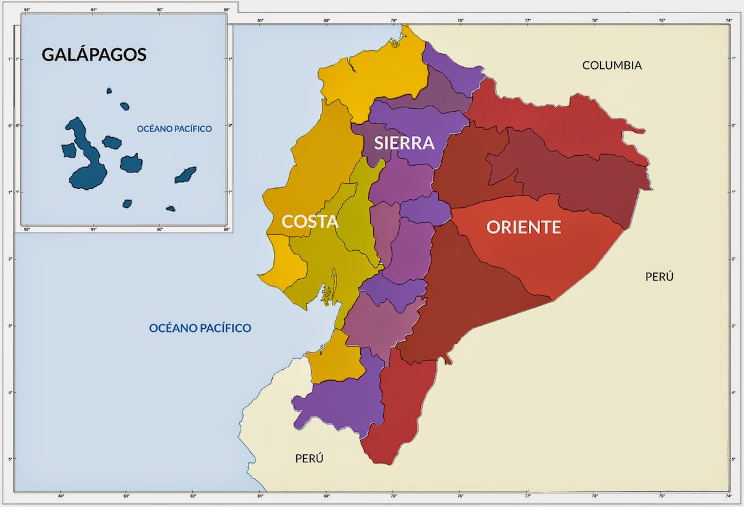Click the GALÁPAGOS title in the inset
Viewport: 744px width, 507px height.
[94, 55]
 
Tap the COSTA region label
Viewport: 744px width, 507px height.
[309, 222]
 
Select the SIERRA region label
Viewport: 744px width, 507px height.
[404, 143]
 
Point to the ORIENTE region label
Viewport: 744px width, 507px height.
[523, 228]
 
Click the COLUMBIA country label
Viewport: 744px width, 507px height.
[611, 65]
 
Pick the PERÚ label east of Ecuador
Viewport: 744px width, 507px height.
[659, 277]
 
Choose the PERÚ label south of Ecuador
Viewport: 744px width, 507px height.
[309, 459]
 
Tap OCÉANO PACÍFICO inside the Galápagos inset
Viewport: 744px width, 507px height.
[174, 129]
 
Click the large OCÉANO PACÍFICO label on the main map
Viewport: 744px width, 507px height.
[200, 328]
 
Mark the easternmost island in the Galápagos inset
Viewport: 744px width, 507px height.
[185, 175]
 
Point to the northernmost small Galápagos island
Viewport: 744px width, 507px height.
[109, 91]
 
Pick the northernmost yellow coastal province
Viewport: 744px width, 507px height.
[372, 74]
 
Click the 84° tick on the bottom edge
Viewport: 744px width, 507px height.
[61, 496]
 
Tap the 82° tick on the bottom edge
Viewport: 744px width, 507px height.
[193, 496]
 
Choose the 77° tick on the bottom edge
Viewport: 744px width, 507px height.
[528, 496]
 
